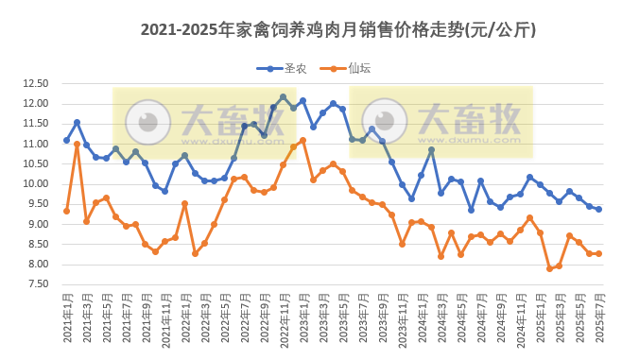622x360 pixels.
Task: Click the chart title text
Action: [x=337, y=29]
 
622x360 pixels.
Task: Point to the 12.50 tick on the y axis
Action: [x=35, y=83]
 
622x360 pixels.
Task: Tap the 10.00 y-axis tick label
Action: [x=35, y=184]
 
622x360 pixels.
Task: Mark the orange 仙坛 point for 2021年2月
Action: [x=77, y=144]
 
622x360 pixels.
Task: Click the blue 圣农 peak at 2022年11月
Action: [x=283, y=96]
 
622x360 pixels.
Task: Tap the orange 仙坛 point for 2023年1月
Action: [x=302, y=141]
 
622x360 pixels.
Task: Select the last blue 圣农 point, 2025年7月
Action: [x=598, y=209]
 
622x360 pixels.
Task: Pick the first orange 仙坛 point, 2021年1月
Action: [x=66, y=211]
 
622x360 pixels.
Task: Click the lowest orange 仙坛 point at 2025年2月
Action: [x=549, y=268]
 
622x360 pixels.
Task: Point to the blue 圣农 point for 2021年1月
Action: [x=66, y=140]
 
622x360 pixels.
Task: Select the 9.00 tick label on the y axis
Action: [x=35, y=224]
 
